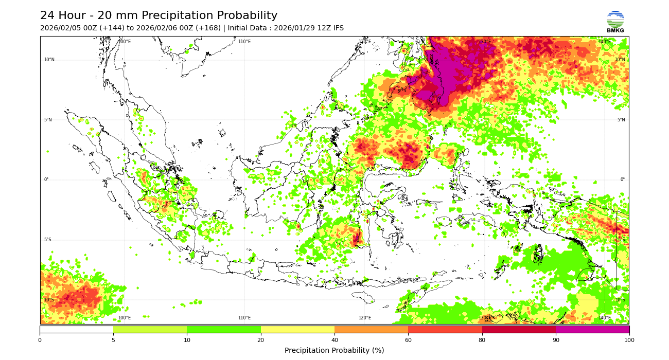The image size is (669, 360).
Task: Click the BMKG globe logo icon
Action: coord(615,19)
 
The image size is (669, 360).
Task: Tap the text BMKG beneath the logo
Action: coord(615,31)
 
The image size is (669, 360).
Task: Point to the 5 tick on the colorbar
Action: coord(113,340)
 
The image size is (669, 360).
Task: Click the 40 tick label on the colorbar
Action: coord(334,340)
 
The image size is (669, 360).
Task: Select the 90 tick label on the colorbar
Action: coord(556,340)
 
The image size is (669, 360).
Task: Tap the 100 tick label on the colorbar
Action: coord(629,340)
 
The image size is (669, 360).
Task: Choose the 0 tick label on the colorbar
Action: coord(40,340)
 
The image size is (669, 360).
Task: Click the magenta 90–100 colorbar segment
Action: coord(592,329)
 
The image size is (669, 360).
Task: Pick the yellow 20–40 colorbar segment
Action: coord(297,329)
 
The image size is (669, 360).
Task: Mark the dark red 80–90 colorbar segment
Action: coord(519,329)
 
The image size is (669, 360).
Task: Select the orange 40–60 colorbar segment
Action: coord(371,329)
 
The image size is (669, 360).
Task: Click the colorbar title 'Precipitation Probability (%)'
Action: coord(334,350)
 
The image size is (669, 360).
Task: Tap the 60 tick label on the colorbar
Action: coord(408,340)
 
